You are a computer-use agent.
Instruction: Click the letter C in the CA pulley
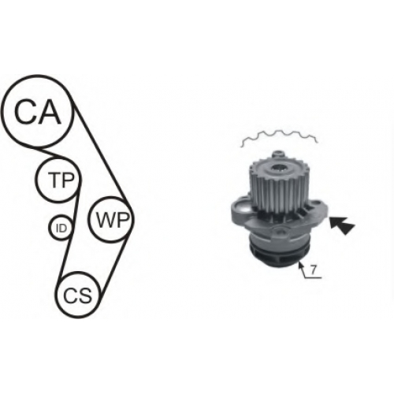[x=25, y=111]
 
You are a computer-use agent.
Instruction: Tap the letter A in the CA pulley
[x=49, y=111]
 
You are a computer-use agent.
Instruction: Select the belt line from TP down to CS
[x=69, y=234]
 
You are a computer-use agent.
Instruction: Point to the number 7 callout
[x=312, y=270]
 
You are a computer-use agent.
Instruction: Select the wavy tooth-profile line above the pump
[x=279, y=136]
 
